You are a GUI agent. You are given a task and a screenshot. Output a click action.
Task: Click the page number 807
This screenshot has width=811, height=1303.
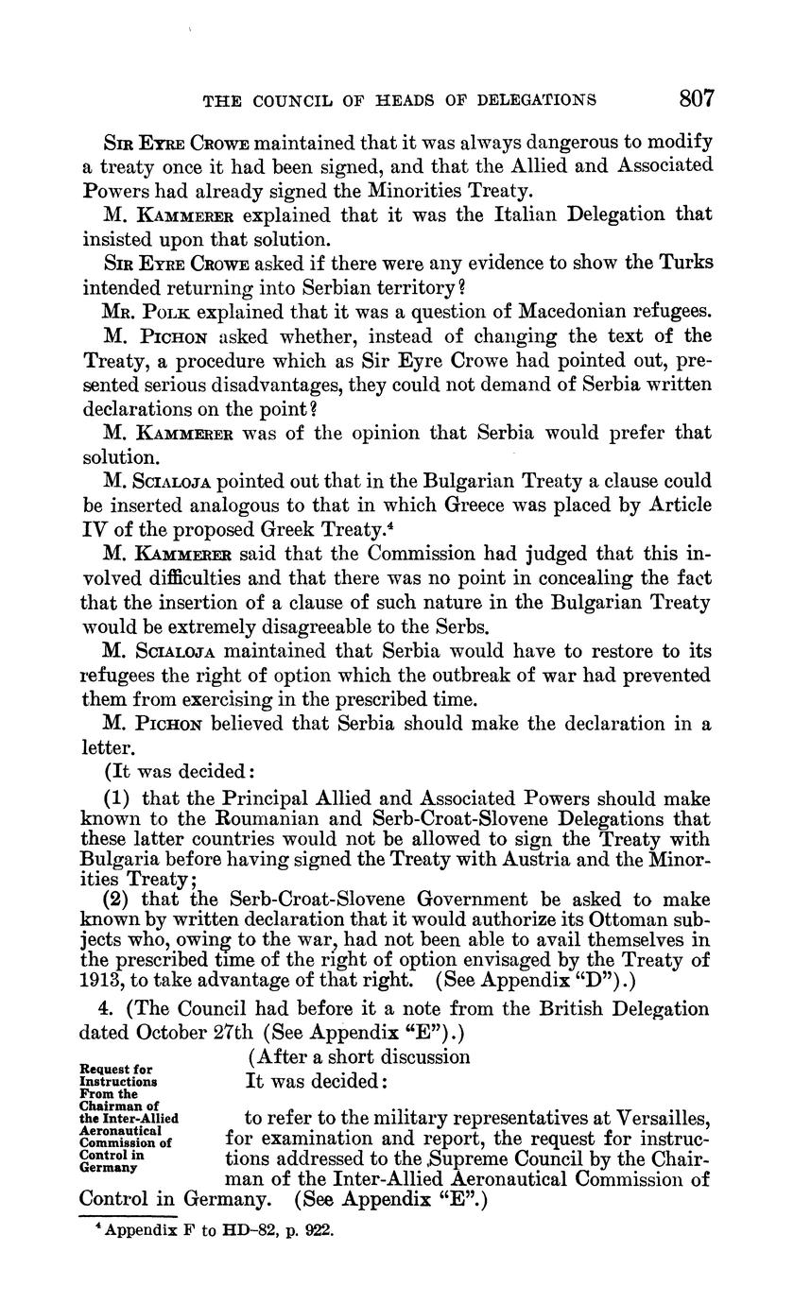click(695, 98)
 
